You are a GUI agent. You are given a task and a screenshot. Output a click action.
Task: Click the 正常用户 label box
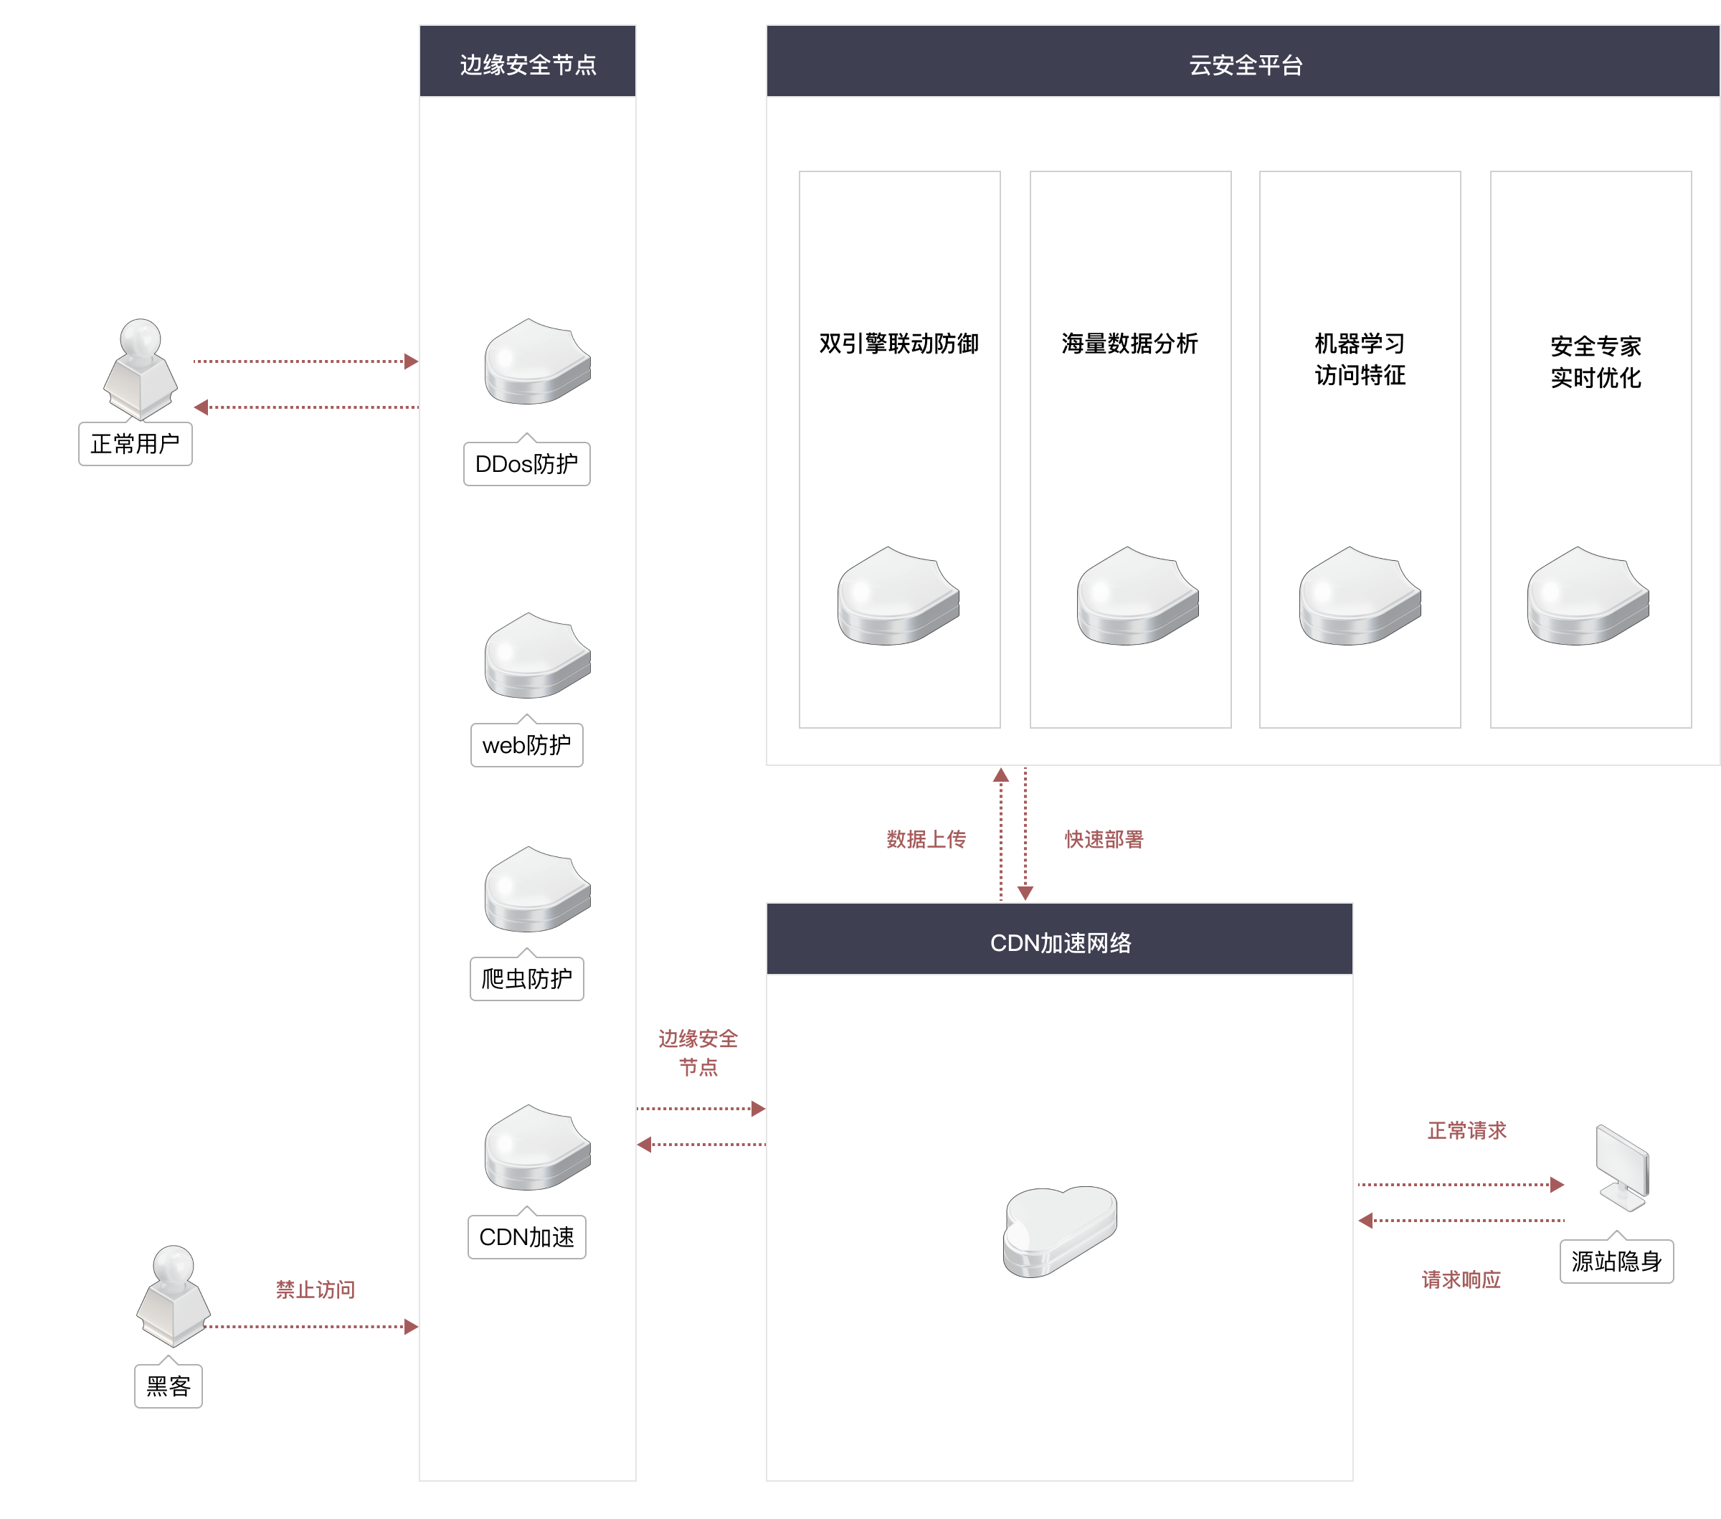(135, 444)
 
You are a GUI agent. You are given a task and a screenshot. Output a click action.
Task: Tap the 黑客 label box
(169, 1386)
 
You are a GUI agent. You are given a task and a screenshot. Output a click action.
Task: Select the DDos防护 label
(527, 464)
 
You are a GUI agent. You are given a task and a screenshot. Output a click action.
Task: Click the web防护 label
(527, 745)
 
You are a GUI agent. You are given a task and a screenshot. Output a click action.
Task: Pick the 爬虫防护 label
(527, 978)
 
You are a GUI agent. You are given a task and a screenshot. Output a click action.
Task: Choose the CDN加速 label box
(527, 1237)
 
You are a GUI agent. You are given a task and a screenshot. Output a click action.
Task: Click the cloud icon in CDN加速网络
(1059, 1231)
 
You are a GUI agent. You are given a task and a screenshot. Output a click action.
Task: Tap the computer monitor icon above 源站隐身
(1623, 1169)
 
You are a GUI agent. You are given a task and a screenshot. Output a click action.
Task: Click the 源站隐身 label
(1616, 1262)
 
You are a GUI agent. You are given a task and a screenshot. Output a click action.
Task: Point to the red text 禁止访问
(316, 1289)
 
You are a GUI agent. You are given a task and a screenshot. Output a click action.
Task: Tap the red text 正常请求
(1466, 1130)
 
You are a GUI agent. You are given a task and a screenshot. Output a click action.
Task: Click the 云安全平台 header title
(1246, 65)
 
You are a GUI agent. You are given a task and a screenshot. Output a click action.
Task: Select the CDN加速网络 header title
(1060, 943)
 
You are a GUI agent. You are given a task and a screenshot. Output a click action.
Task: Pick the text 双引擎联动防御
(899, 344)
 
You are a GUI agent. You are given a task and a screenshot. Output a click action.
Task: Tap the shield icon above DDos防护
(537, 362)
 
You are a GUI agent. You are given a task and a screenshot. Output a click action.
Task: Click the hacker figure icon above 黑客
(174, 1296)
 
